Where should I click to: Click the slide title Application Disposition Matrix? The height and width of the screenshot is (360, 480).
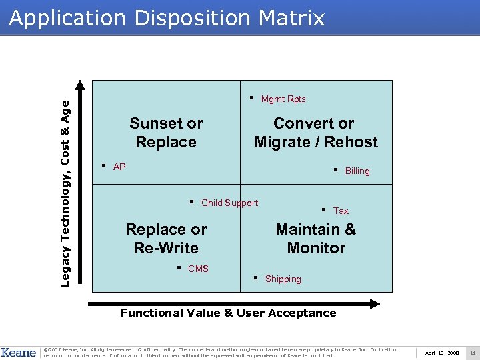click(x=167, y=18)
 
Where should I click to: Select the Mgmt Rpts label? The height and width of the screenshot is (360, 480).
click(x=283, y=99)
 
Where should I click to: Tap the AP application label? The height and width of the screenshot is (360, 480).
click(x=119, y=167)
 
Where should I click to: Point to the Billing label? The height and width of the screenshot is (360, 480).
click(x=357, y=171)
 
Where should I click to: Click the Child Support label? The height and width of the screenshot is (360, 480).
click(x=229, y=203)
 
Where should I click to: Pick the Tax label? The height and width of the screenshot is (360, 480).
click(x=341, y=211)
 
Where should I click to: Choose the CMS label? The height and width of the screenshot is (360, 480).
click(x=199, y=269)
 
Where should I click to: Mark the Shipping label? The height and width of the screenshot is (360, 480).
click(x=283, y=279)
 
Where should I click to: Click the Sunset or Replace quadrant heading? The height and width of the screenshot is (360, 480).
click(x=166, y=133)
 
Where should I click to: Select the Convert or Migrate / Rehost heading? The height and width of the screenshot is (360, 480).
click(x=316, y=133)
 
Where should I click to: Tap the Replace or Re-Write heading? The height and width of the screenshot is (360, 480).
click(x=166, y=239)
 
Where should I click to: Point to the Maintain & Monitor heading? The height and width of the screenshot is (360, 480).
click(x=316, y=239)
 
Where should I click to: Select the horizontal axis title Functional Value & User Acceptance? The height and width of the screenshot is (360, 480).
click(x=228, y=313)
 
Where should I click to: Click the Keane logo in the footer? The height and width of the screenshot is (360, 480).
click(x=19, y=351)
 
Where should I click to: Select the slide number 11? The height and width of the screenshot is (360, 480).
click(x=472, y=352)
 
